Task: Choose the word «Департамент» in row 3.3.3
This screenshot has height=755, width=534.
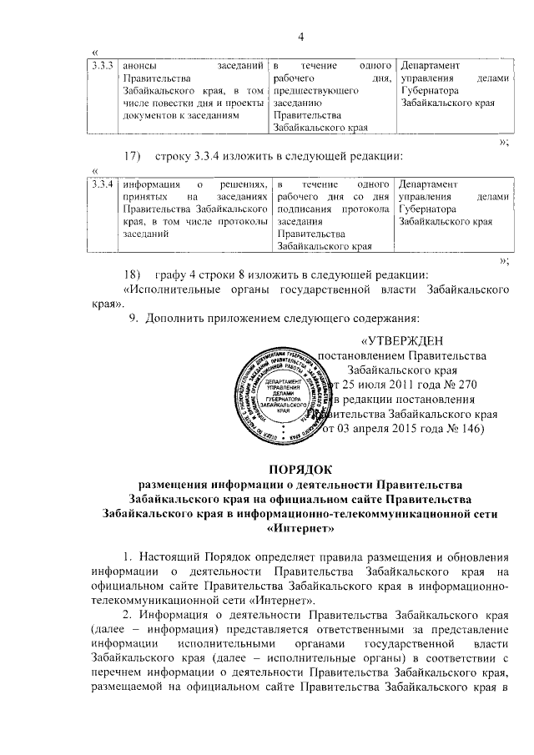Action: pyautogui.click(x=433, y=64)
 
